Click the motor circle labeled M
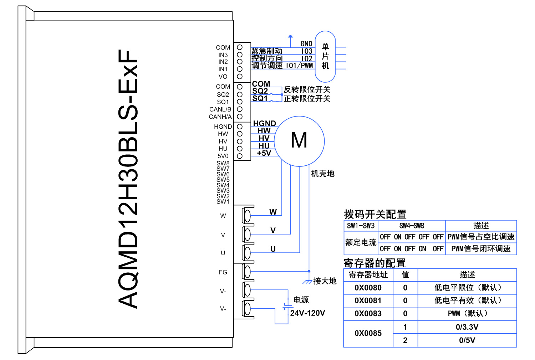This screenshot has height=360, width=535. [x=299, y=141]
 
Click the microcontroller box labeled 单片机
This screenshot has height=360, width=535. [x=325, y=56]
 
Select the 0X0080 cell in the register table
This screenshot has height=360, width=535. [x=368, y=288]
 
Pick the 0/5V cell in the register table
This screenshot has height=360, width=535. [x=467, y=340]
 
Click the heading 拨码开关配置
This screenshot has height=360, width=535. [x=375, y=214]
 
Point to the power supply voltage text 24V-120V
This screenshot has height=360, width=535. [x=307, y=313]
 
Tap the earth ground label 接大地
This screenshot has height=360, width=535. [x=325, y=281]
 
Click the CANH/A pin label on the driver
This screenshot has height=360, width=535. [x=220, y=117]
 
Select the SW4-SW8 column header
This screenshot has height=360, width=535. [x=412, y=226]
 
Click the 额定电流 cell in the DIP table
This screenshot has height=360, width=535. [x=361, y=242]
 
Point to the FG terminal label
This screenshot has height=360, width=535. [x=223, y=272]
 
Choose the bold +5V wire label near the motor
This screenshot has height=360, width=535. [x=264, y=153]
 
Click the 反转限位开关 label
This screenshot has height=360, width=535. [x=307, y=89]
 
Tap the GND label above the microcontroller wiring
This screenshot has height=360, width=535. [x=306, y=44]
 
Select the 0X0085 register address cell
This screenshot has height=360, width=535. [x=368, y=333]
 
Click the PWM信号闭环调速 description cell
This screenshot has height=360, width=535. [x=481, y=249]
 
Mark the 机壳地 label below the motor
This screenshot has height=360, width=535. [x=322, y=174]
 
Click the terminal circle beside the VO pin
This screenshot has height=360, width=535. [x=240, y=76]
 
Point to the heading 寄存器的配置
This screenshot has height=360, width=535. [x=374, y=263]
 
